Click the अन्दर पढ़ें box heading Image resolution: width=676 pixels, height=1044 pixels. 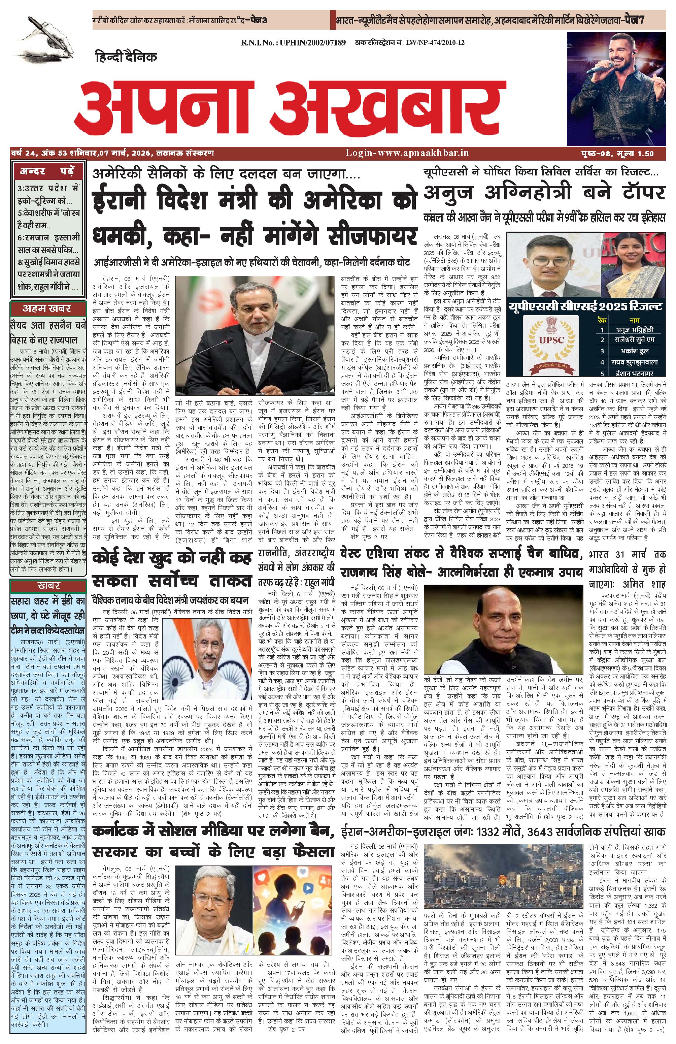(x=47, y=171)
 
